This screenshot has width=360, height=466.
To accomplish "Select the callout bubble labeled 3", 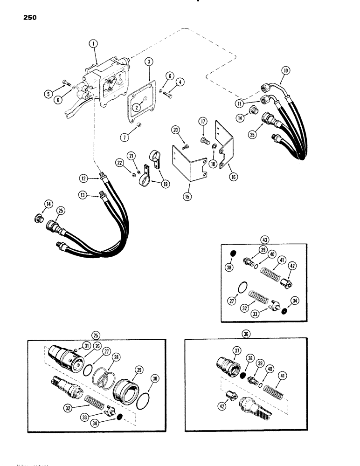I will [148, 62].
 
